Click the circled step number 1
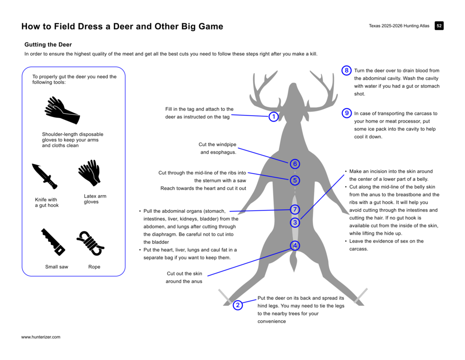pos(273,117)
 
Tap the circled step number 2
pos(237,305)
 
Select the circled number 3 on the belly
pos(295,223)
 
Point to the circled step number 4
pos(295,245)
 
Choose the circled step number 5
pos(295,180)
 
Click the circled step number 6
pos(295,164)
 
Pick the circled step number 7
pos(295,209)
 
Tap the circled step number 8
pos(347,70)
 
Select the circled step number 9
pos(347,113)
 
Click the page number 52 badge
pos(439,26)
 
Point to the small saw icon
pos(53,242)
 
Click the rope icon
pos(90,242)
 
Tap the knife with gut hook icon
pos(44,176)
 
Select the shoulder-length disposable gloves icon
pos(62,111)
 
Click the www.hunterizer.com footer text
pos(41,337)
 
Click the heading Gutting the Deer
pos(48,45)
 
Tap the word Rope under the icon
pos(94,267)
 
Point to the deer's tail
pos(294,262)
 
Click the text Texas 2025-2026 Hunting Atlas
pos(399,26)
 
